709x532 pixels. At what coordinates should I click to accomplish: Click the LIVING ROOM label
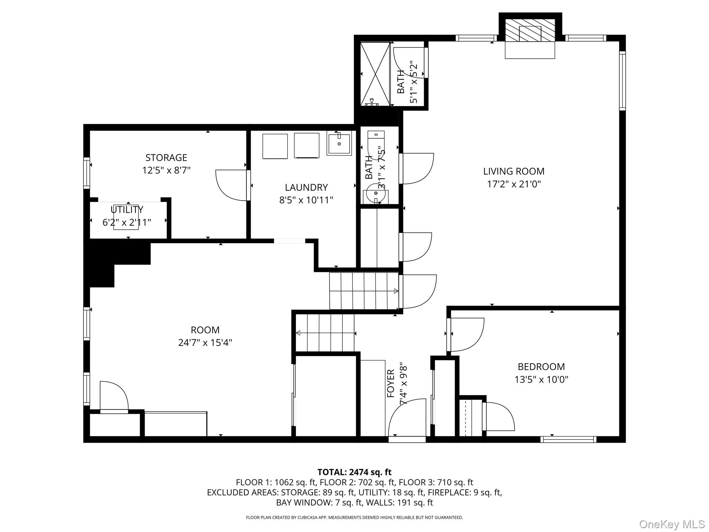[513, 171]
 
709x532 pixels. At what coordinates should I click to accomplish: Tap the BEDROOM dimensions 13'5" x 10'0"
[541, 380]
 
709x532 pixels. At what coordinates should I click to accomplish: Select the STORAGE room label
[166, 158]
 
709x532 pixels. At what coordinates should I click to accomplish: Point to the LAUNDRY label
[306, 187]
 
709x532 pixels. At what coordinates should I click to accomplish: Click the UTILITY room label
[127, 210]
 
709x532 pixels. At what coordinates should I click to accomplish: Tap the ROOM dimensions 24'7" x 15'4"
[205, 343]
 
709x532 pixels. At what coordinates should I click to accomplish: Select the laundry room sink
[339, 143]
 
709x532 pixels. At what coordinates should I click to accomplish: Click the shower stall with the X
[375, 73]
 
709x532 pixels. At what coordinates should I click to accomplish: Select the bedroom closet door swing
[499, 417]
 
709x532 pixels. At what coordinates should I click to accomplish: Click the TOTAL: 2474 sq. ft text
[354, 472]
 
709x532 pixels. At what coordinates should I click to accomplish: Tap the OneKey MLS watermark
[672, 524]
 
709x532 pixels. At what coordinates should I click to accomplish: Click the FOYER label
[391, 383]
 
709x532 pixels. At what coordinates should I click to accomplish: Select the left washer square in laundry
[275, 146]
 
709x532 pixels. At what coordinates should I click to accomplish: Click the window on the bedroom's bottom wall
[568, 439]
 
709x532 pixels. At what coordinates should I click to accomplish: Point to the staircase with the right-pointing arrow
[364, 291]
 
